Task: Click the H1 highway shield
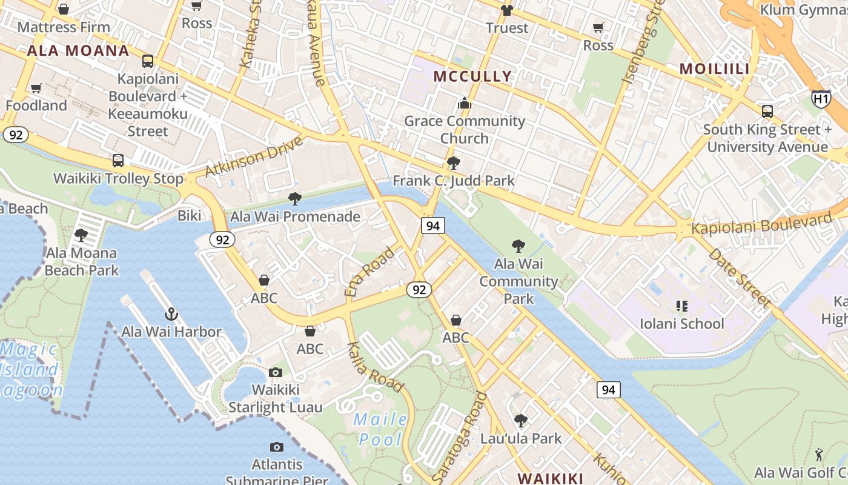pyautogui.click(x=821, y=98)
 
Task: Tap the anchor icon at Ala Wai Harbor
pyautogui.click(x=171, y=314)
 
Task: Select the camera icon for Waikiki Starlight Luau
pyautogui.click(x=276, y=372)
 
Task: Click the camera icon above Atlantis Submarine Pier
pyautogui.click(x=277, y=447)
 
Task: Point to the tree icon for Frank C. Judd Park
pyautogui.click(x=453, y=163)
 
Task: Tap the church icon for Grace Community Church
pyautogui.click(x=465, y=103)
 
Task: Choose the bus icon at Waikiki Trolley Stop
pyautogui.click(x=118, y=161)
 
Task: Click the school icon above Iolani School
pyautogui.click(x=682, y=306)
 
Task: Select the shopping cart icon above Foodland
pyautogui.click(x=36, y=89)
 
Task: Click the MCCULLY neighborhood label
pyautogui.click(x=473, y=76)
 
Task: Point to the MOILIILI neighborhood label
pyautogui.click(x=715, y=69)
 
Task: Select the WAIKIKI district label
pyautogui.click(x=550, y=478)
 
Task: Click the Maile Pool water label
pyautogui.click(x=381, y=429)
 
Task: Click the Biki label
pyautogui.click(x=189, y=216)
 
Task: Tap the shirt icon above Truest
pyautogui.click(x=506, y=10)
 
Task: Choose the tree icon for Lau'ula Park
pyautogui.click(x=520, y=421)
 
